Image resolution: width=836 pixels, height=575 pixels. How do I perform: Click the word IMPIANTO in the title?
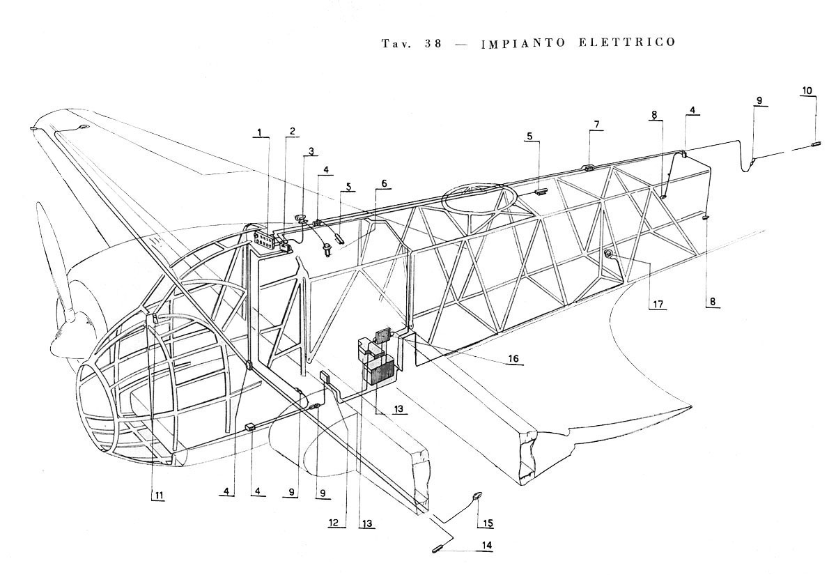coord(523,44)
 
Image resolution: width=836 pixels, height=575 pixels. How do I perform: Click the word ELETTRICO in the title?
coord(627,42)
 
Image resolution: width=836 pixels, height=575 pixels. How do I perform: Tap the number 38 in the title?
coord(433,44)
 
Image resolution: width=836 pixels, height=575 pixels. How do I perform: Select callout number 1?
coord(260,132)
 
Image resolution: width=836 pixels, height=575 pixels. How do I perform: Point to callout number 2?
coord(292,131)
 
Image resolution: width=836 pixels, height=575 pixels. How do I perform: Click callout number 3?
coord(311,151)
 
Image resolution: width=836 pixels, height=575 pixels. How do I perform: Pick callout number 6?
coord(384,183)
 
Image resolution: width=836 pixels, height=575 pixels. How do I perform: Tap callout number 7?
coord(597,124)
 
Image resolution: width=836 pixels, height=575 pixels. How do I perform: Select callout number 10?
coord(807,91)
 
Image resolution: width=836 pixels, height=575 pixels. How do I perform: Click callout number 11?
coord(159,496)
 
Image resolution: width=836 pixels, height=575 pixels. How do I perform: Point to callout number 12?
coord(333,522)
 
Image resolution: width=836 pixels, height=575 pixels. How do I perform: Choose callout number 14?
coord(487,545)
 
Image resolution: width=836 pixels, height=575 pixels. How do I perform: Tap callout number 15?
coord(488,523)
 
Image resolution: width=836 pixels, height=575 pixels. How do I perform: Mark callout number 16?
coord(513,359)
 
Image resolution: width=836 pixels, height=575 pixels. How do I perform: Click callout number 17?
coord(658,305)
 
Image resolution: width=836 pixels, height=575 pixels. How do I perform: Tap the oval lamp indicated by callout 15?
coord(477,496)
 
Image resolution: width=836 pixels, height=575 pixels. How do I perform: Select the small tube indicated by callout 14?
coord(438,549)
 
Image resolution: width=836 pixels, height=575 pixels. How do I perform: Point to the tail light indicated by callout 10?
coord(815,144)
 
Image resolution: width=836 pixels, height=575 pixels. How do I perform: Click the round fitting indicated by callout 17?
coord(608,254)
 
